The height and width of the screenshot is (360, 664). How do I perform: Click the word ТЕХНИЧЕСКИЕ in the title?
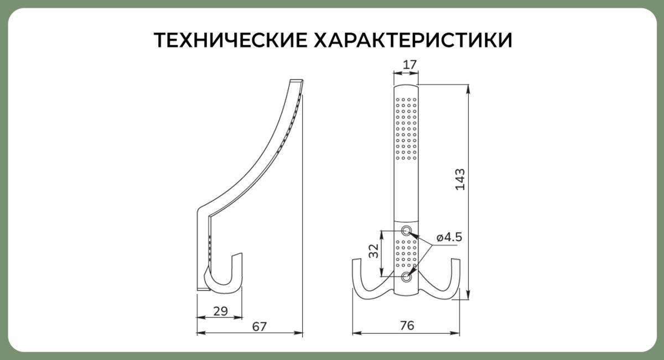[x=231, y=40]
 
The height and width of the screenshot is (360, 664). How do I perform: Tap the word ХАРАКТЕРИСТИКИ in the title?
[x=413, y=40]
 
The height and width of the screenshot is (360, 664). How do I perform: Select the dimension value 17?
[x=410, y=65]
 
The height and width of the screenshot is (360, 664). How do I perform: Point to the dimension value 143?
[x=460, y=180]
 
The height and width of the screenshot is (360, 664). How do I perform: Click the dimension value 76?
[x=407, y=326]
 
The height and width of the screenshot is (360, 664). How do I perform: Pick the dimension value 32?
[x=374, y=251]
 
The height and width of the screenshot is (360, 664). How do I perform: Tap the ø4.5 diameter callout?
[x=449, y=237]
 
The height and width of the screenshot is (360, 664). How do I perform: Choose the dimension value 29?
[x=221, y=311]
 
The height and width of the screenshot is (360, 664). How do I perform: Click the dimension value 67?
[x=260, y=326]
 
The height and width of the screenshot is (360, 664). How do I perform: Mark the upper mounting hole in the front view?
[x=406, y=230]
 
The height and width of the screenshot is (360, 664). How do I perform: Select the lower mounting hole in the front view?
[x=406, y=278]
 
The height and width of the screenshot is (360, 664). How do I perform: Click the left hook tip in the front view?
[x=356, y=260]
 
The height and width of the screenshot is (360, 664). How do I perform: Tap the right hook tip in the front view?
[x=455, y=260]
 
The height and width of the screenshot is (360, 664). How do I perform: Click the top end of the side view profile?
[x=297, y=80]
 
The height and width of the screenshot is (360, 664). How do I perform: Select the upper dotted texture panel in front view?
[x=406, y=129]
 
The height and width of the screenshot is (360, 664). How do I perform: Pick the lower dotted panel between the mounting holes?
[x=406, y=254]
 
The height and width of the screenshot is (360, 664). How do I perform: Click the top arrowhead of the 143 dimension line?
[x=468, y=89]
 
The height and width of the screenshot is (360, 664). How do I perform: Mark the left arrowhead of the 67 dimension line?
[x=201, y=333]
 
